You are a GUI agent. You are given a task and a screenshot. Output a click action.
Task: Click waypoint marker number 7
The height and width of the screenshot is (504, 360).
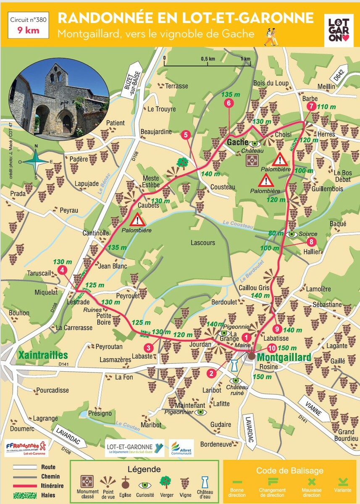[311, 106]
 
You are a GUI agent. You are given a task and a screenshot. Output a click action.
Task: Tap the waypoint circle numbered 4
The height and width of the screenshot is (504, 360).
[62, 270]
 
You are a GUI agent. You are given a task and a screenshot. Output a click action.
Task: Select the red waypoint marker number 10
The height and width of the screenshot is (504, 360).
[272, 348]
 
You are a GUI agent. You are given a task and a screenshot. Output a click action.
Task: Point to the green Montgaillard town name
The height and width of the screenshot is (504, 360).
[284, 357]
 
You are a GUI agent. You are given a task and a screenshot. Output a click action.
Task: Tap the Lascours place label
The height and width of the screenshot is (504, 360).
[202, 243]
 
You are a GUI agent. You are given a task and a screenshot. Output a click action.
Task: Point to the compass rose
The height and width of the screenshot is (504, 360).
[36, 161]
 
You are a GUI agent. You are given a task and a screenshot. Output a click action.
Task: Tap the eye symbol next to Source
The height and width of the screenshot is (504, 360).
[292, 234]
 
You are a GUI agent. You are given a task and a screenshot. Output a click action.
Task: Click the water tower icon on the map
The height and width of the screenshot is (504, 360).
[234, 365]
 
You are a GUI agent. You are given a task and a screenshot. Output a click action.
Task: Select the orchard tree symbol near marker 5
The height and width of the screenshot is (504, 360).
[182, 162]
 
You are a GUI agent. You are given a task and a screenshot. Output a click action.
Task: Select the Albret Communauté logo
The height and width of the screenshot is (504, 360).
[181, 448]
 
